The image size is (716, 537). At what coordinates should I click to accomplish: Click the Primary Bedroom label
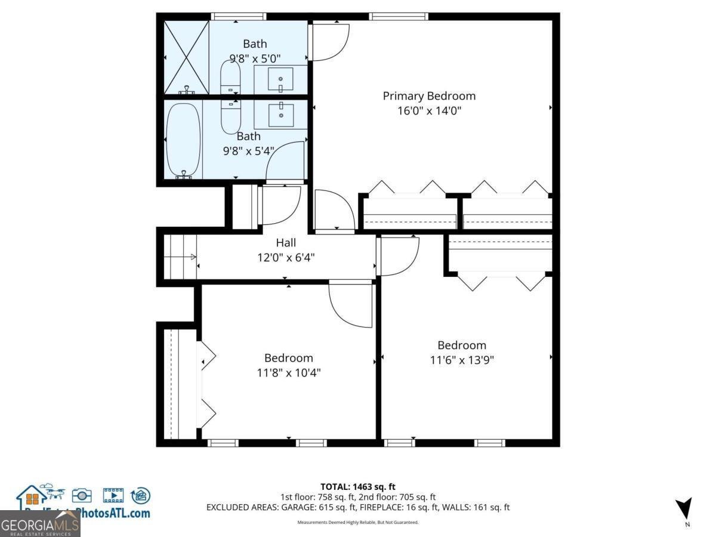click(429, 96)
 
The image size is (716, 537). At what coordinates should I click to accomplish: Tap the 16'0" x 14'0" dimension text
click(429, 111)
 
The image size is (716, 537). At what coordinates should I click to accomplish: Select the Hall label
click(286, 243)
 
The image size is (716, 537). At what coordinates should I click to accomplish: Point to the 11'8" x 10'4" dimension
click(289, 373)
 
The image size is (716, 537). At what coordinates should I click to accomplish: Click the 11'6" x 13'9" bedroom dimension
click(462, 360)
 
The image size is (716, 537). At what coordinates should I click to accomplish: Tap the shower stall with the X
click(186, 57)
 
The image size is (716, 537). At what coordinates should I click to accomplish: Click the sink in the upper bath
click(280, 79)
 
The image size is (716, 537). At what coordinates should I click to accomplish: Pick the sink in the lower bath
click(280, 115)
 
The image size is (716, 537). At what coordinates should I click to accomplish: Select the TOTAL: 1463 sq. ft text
click(358, 487)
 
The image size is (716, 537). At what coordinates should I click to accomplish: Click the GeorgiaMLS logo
click(39, 524)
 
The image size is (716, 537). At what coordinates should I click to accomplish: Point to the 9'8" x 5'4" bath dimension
click(248, 152)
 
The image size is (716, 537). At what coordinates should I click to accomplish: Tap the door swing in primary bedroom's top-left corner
click(329, 42)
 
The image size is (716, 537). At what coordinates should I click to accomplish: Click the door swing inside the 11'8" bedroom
click(352, 304)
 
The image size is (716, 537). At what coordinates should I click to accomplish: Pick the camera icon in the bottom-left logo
click(82, 495)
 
